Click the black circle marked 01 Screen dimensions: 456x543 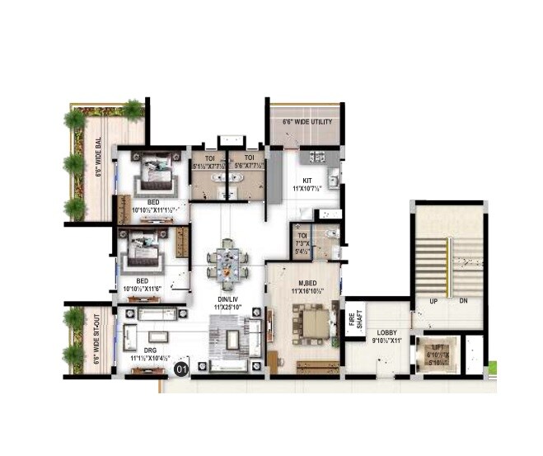(182, 369)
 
